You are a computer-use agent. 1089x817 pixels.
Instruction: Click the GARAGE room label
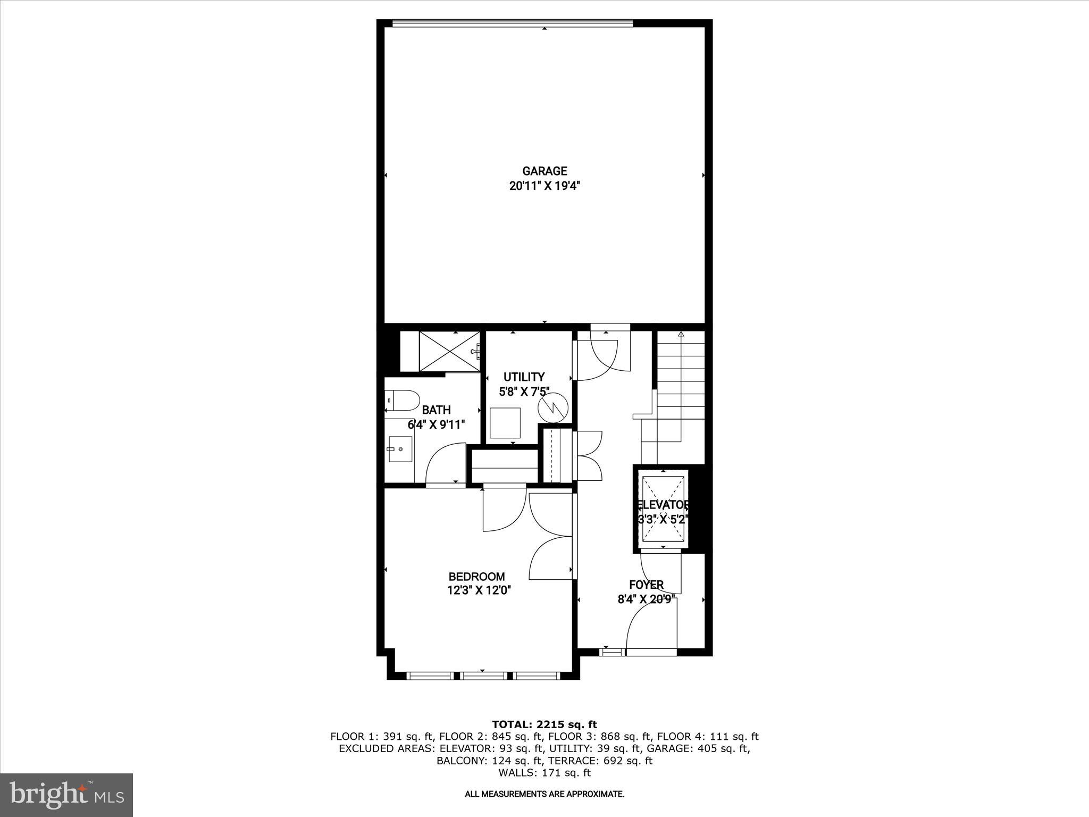point(544,171)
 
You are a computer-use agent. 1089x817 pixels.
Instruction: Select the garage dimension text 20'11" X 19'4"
point(544,186)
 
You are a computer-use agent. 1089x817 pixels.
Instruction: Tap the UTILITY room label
point(524,377)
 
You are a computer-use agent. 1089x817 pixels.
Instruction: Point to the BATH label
point(436,410)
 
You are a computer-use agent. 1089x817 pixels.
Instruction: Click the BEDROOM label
point(476,577)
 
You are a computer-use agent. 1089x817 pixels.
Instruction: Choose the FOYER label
point(646,585)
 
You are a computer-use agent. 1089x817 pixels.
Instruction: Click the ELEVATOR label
point(663,505)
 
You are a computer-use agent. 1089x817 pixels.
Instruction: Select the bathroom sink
point(400,449)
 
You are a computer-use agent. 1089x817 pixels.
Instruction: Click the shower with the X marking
point(449,351)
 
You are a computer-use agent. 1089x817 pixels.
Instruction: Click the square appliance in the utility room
point(505,423)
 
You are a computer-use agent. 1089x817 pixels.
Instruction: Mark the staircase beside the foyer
point(681,394)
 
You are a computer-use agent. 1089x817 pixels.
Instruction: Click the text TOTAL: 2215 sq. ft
point(544,724)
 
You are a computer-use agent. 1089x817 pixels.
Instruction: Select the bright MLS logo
point(66,795)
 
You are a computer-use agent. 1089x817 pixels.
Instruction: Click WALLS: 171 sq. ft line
point(544,773)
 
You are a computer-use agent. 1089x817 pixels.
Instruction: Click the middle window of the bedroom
point(483,676)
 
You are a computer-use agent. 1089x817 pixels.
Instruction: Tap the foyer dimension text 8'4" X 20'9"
point(646,599)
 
